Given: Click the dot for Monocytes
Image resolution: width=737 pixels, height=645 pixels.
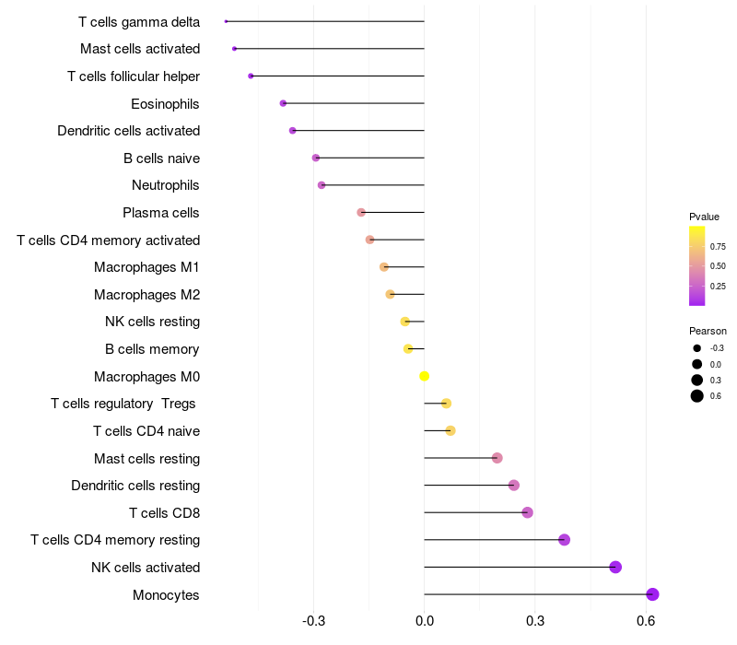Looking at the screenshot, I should pyautogui.click(x=652, y=594).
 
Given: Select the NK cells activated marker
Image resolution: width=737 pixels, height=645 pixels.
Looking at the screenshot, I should pyautogui.click(x=615, y=567).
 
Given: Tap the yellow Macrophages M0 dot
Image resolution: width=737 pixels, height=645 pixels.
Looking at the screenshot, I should pyautogui.click(x=424, y=376).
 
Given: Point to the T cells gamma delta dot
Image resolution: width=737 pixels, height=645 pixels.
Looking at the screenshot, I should pyautogui.click(x=226, y=21).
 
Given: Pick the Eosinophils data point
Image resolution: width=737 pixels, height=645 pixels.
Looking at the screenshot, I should pyautogui.click(x=283, y=103).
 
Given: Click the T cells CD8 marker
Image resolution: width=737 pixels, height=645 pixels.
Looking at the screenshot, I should pyautogui.click(x=527, y=512).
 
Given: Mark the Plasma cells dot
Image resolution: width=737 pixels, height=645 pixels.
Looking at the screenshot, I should pyautogui.click(x=361, y=213).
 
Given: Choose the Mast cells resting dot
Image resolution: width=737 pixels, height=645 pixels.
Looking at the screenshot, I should pyautogui.click(x=497, y=458).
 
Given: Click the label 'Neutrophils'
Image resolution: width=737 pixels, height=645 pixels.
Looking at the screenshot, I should pyautogui.click(x=166, y=185).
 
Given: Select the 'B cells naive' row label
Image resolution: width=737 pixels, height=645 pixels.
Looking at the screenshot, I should pyautogui.click(x=161, y=158).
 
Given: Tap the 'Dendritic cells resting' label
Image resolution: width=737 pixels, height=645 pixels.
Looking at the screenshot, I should pyautogui.click(x=135, y=486).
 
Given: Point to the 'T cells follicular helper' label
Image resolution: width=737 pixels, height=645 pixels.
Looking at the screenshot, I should pyautogui.click(x=134, y=76).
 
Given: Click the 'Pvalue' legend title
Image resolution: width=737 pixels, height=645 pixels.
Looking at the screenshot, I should pyautogui.click(x=704, y=217).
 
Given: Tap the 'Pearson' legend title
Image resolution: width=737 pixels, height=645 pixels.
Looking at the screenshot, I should pyautogui.click(x=708, y=331).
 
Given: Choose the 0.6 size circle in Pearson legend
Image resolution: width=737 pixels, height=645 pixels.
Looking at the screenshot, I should pyautogui.click(x=697, y=396).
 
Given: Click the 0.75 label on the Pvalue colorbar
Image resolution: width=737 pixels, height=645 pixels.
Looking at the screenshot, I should pyautogui.click(x=718, y=247).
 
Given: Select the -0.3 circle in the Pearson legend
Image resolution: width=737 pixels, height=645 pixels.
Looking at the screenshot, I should pyautogui.click(x=697, y=348).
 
